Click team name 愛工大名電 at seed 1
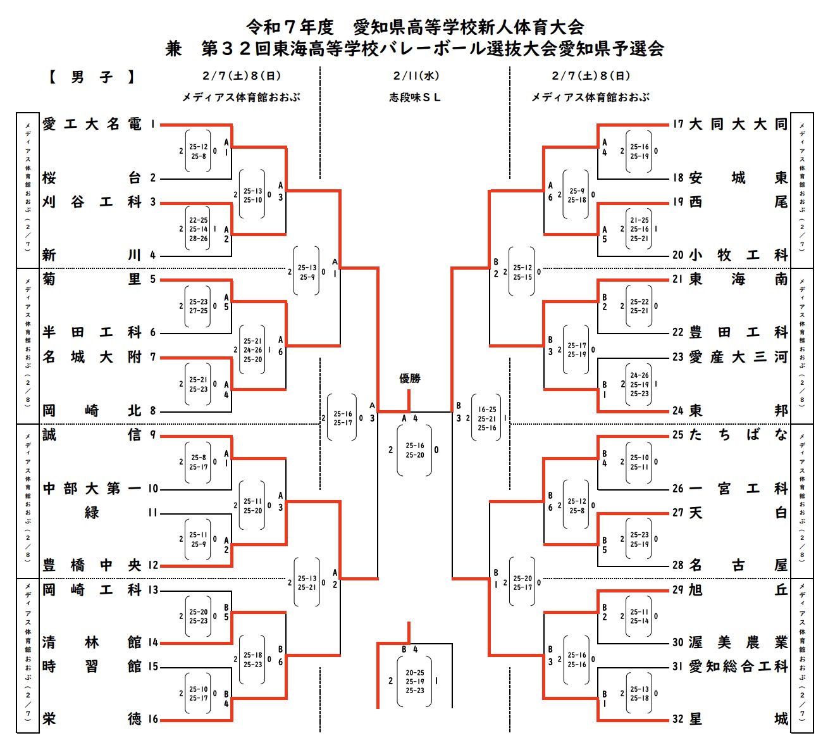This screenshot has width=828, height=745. (92, 124)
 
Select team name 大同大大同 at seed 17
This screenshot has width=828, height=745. (738, 124)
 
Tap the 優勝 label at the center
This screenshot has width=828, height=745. (410, 379)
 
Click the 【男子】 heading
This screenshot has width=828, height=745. (92, 77)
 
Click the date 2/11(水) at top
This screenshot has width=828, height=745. (416, 76)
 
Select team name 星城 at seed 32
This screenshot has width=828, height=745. (738, 719)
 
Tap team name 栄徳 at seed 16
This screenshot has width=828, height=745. (92, 719)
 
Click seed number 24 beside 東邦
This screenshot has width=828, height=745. (678, 411)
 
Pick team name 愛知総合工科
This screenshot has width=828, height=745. (738, 667)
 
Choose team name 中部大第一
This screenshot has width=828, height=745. (92, 489)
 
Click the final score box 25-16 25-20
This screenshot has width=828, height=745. (415, 450)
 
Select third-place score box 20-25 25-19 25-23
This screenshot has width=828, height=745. (415, 682)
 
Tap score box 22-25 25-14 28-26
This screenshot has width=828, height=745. (198, 229)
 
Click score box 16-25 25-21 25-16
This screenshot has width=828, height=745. (486, 418)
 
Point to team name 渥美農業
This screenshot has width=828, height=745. (738, 642)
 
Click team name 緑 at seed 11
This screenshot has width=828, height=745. (92, 513)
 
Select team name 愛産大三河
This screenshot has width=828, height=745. (738, 357)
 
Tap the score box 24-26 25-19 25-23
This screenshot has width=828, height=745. (640, 384)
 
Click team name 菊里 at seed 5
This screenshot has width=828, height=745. (92, 279)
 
